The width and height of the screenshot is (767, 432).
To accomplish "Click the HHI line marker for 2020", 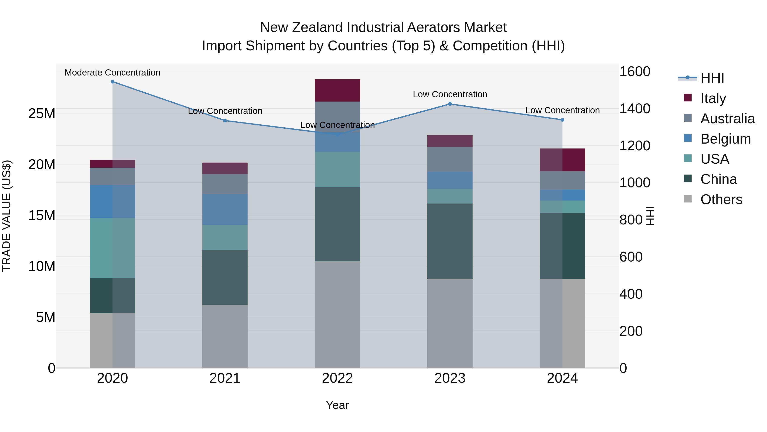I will [112, 82].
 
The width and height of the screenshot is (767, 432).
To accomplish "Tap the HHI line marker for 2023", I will [450, 104].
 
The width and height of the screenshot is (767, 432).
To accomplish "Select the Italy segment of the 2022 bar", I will [337, 90].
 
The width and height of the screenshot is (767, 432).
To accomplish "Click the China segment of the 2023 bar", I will [450, 241].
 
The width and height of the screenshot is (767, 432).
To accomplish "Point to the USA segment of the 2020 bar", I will [112, 248].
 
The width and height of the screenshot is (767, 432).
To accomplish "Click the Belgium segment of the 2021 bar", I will [225, 209].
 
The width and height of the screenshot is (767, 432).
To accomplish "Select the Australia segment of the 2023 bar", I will [450, 159].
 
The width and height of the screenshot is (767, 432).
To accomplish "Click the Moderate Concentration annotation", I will [112, 73].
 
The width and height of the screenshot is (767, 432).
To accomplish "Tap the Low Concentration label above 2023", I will [450, 94].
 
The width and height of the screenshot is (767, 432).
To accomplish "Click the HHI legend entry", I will [712, 78].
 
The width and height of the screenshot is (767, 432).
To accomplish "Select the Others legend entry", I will [721, 199].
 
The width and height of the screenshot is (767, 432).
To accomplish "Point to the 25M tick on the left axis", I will [42, 113].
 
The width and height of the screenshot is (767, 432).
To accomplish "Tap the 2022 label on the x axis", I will [337, 378].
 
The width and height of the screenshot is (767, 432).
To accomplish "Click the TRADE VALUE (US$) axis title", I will [7, 216].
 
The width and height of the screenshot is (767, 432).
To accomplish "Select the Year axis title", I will [337, 405].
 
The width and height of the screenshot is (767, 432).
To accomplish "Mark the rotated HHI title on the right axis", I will [651, 216].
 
